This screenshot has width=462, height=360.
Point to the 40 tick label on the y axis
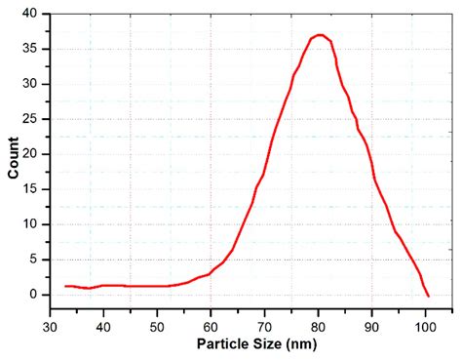pos(31,15)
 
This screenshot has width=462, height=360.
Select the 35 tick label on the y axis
pos(31,50)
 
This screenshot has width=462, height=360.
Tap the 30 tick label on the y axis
pos(31,85)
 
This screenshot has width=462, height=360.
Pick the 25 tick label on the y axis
pos(31,119)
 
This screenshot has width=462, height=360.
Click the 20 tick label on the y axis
pos(31,154)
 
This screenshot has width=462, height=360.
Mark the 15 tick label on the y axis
pos(31,189)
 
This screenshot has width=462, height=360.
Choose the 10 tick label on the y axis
pos(31,224)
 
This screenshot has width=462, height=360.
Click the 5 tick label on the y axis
pos(35,260)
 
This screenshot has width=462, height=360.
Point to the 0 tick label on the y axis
pos(35,294)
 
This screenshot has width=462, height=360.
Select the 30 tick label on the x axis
pos(51,326)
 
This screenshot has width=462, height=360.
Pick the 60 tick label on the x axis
pos(212,326)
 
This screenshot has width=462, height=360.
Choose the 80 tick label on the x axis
pos(319,326)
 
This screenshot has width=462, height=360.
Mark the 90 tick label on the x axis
pos(372,326)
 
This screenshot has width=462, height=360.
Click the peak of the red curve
pos(320,35)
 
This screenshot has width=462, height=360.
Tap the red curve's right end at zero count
pos(428,295)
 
